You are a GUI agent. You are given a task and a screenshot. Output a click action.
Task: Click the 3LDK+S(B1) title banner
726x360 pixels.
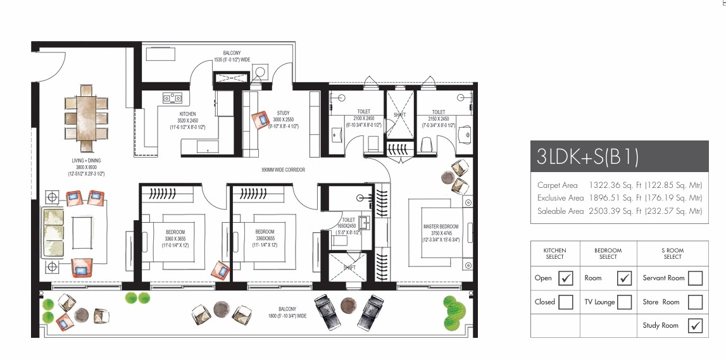coord(619,156)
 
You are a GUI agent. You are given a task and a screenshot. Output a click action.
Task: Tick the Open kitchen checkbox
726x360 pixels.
coord(566,278)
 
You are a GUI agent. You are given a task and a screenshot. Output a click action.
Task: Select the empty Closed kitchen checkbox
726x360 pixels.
coord(566,302)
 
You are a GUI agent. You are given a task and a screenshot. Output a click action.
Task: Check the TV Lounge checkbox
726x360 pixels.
coord(624,302)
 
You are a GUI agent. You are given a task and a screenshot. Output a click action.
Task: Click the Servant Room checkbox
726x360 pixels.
coord(694,278)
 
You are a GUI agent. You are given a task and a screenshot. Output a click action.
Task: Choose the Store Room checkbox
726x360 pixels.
coord(694,302)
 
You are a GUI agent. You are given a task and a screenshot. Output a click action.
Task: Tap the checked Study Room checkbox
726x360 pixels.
coord(694,325)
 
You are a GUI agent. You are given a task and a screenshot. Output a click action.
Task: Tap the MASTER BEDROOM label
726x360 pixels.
coord(441,226)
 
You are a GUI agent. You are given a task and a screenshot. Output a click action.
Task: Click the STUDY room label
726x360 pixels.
coord(282,113)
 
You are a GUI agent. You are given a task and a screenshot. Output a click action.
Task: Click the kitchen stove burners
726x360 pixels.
coord(172,97)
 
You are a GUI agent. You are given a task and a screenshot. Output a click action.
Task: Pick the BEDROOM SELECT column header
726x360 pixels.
coord(608,253)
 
